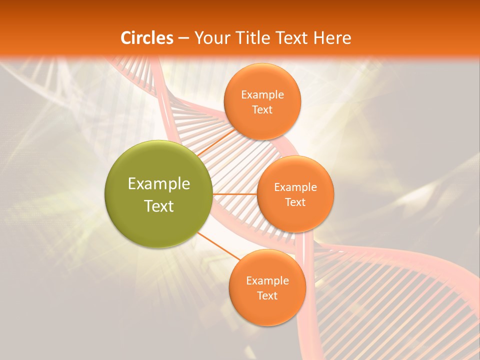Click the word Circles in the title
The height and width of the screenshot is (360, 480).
coord(146,38)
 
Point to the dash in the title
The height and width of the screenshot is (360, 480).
coord(183,38)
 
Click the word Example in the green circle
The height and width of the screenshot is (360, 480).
coord(158,184)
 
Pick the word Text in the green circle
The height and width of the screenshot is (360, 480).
coord(158,206)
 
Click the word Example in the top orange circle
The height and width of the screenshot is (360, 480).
coord(262,95)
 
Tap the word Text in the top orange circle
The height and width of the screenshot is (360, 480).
coord(262,110)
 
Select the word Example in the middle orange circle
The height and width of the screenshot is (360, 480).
coord(295,187)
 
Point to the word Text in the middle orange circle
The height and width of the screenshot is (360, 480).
coord(295,202)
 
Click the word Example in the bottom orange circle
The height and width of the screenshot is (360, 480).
coord(267,281)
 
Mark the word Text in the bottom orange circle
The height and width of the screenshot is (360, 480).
coord(267,296)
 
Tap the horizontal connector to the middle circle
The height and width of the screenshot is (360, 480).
coord(234,194)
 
